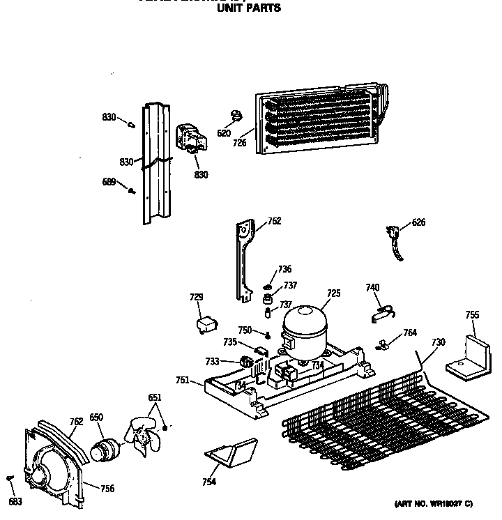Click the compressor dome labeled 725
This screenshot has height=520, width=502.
coord(304,327)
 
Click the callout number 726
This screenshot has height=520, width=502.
coord(240,143)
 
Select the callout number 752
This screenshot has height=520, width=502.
coord(274,221)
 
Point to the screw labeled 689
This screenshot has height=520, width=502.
coord(130,188)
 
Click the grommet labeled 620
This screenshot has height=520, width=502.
coord(236,115)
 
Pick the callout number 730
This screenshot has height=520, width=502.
coord(438,342)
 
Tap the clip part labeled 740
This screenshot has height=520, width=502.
coord(381,313)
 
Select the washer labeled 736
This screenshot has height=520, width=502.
coord(268,286)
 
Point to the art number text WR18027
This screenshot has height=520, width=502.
coord(444,503)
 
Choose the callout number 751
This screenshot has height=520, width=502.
coord(182,380)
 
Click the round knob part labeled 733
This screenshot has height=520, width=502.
coord(245,362)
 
